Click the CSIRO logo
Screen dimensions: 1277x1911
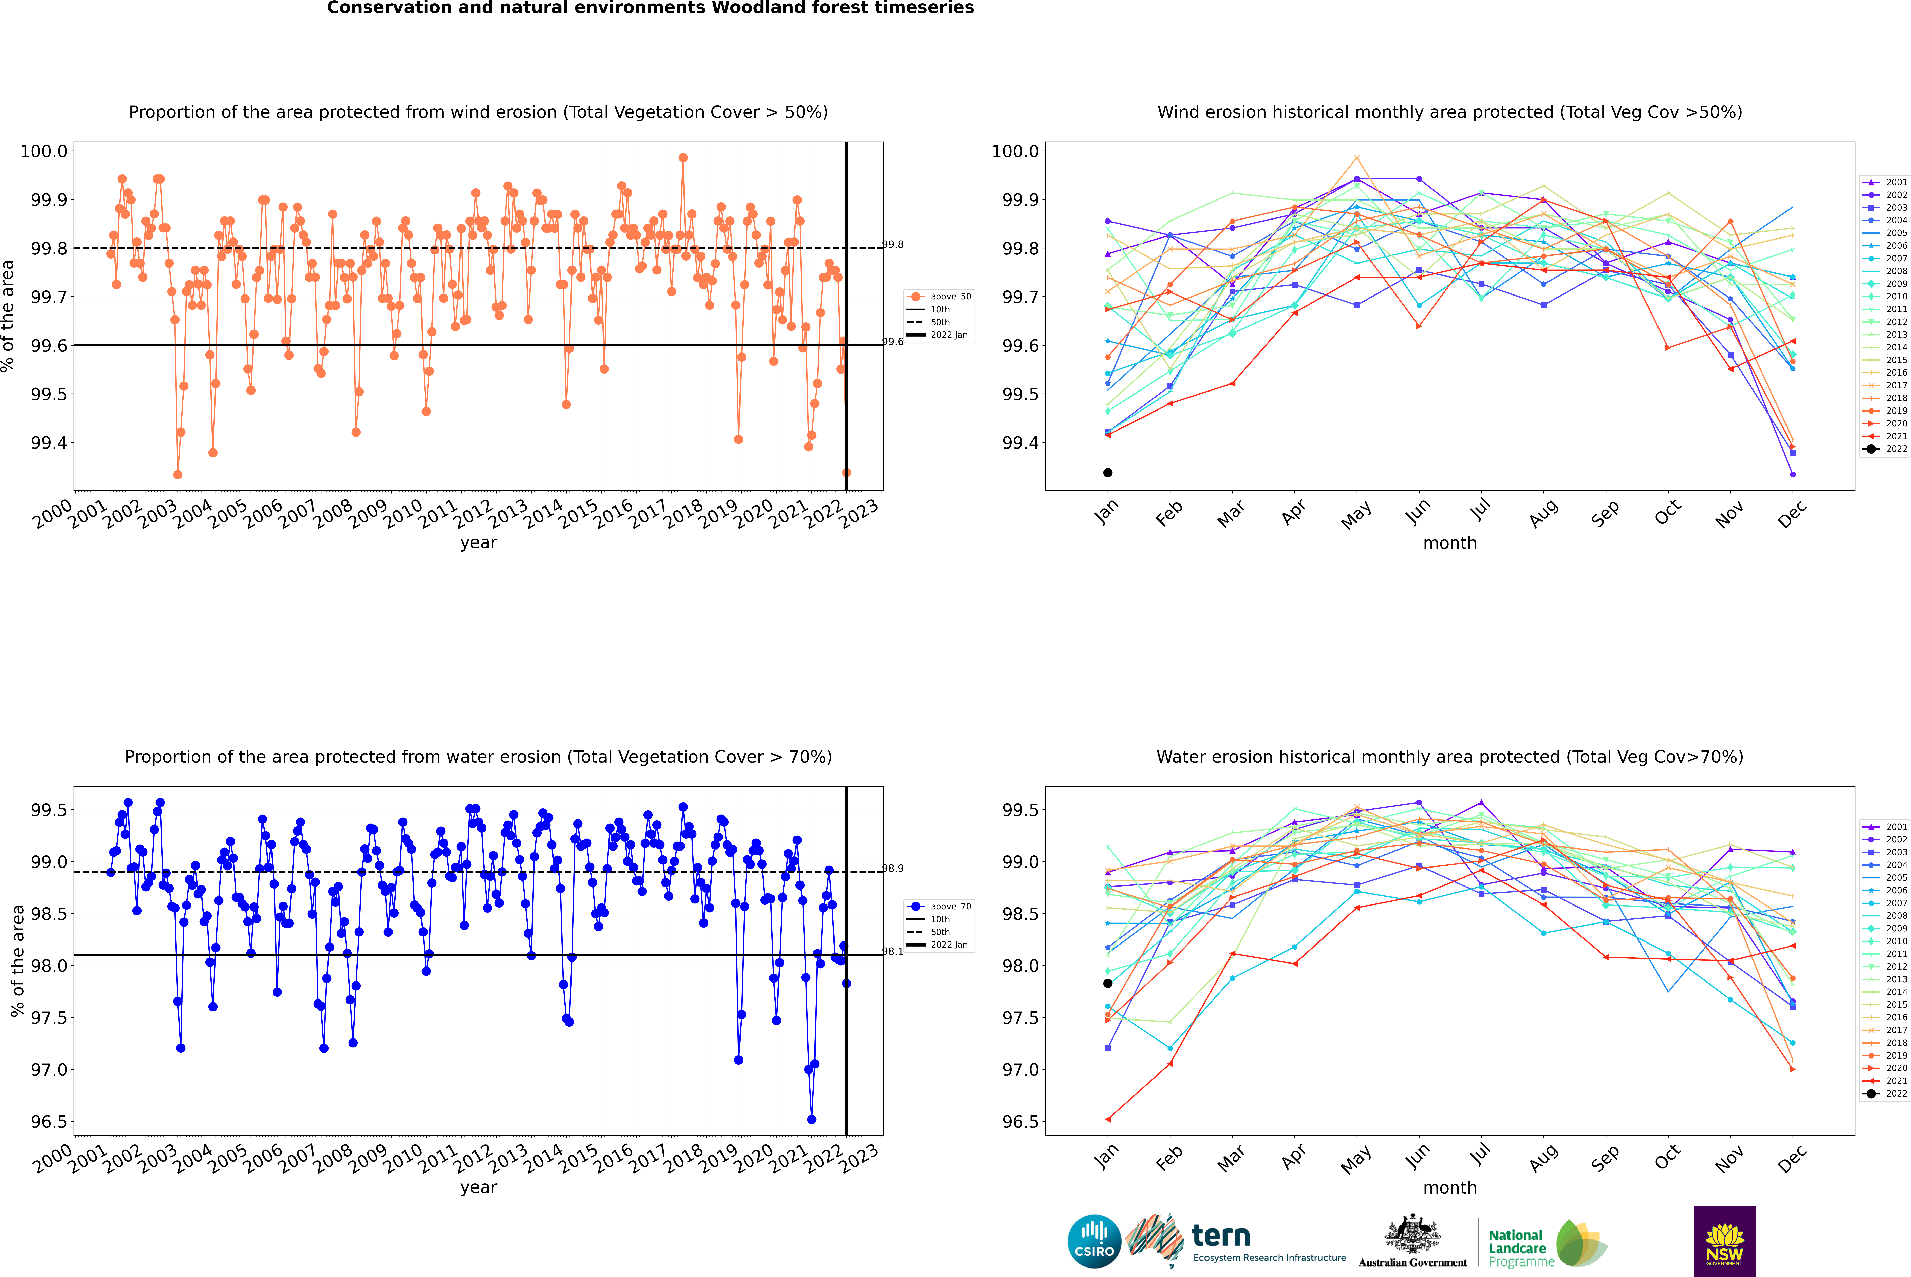point(1094,1241)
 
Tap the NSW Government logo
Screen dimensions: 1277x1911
point(1724,1241)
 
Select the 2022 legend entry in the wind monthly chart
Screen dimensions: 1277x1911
point(1886,449)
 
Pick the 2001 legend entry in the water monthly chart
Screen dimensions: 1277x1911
point(1886,827)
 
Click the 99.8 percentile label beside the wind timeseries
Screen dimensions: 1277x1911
point(894,244)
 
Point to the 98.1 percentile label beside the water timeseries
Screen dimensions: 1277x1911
point(894,951)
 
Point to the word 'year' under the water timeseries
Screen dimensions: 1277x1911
point(478,1187)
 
